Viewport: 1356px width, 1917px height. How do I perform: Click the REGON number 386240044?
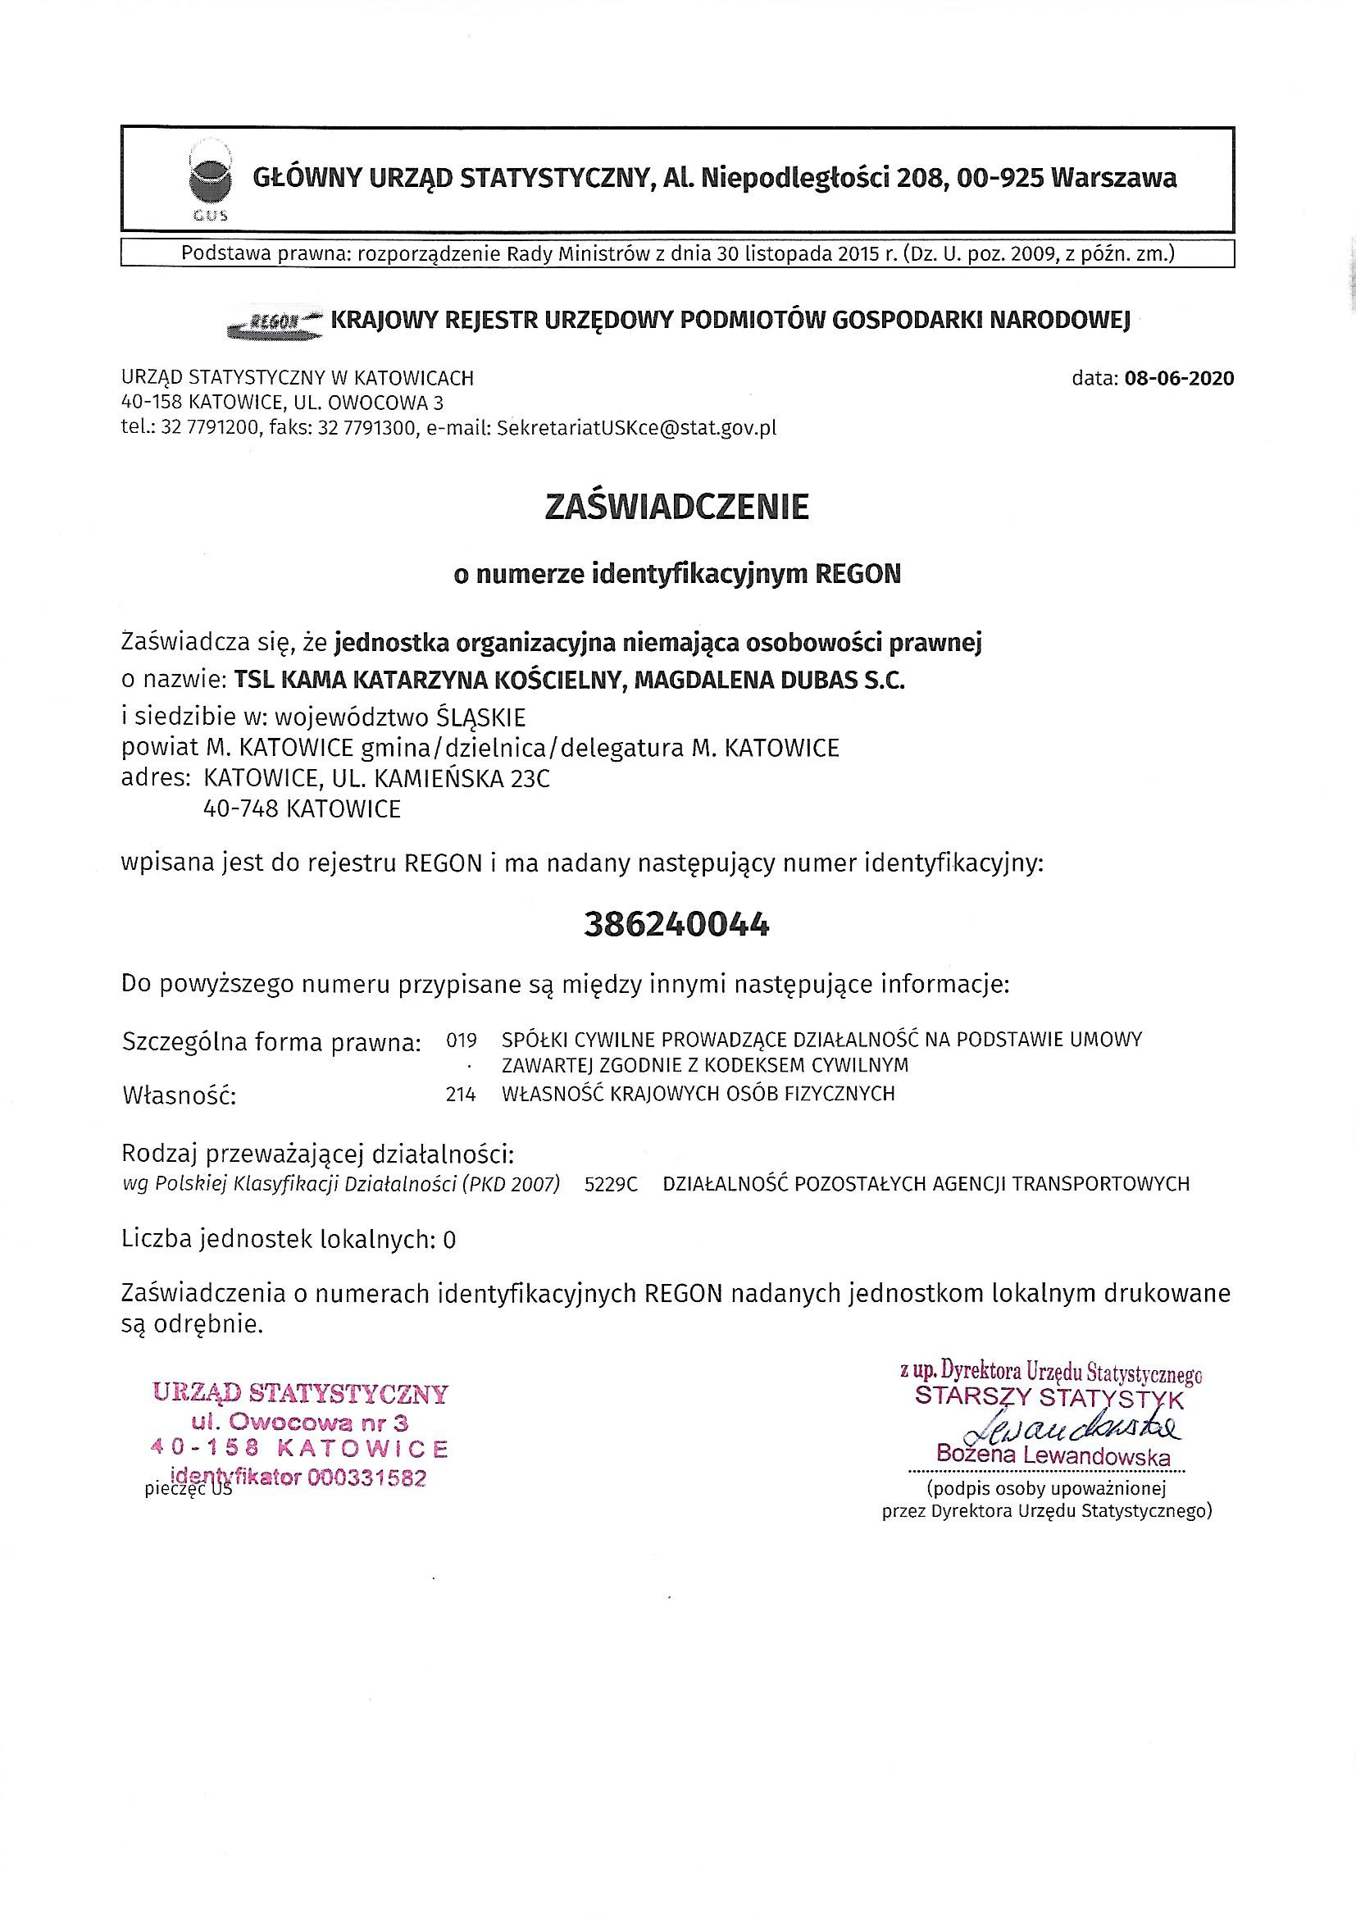[x=676, y=924]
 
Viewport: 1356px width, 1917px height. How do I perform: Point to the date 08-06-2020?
[x=1179, y=378]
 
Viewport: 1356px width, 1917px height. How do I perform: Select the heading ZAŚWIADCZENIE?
[x=676, y=508]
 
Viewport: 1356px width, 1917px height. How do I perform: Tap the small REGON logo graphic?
[x=276, y=322]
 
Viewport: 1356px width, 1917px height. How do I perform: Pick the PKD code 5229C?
[x=612, y=1183]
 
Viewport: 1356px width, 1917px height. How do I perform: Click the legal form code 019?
[x=461, y=1040]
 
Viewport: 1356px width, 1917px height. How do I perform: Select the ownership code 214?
[x=461, y=1094]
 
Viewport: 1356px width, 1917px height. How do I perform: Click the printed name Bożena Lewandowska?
[x=1053, y=1455]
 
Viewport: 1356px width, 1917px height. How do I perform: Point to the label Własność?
[x=180, y=1095]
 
